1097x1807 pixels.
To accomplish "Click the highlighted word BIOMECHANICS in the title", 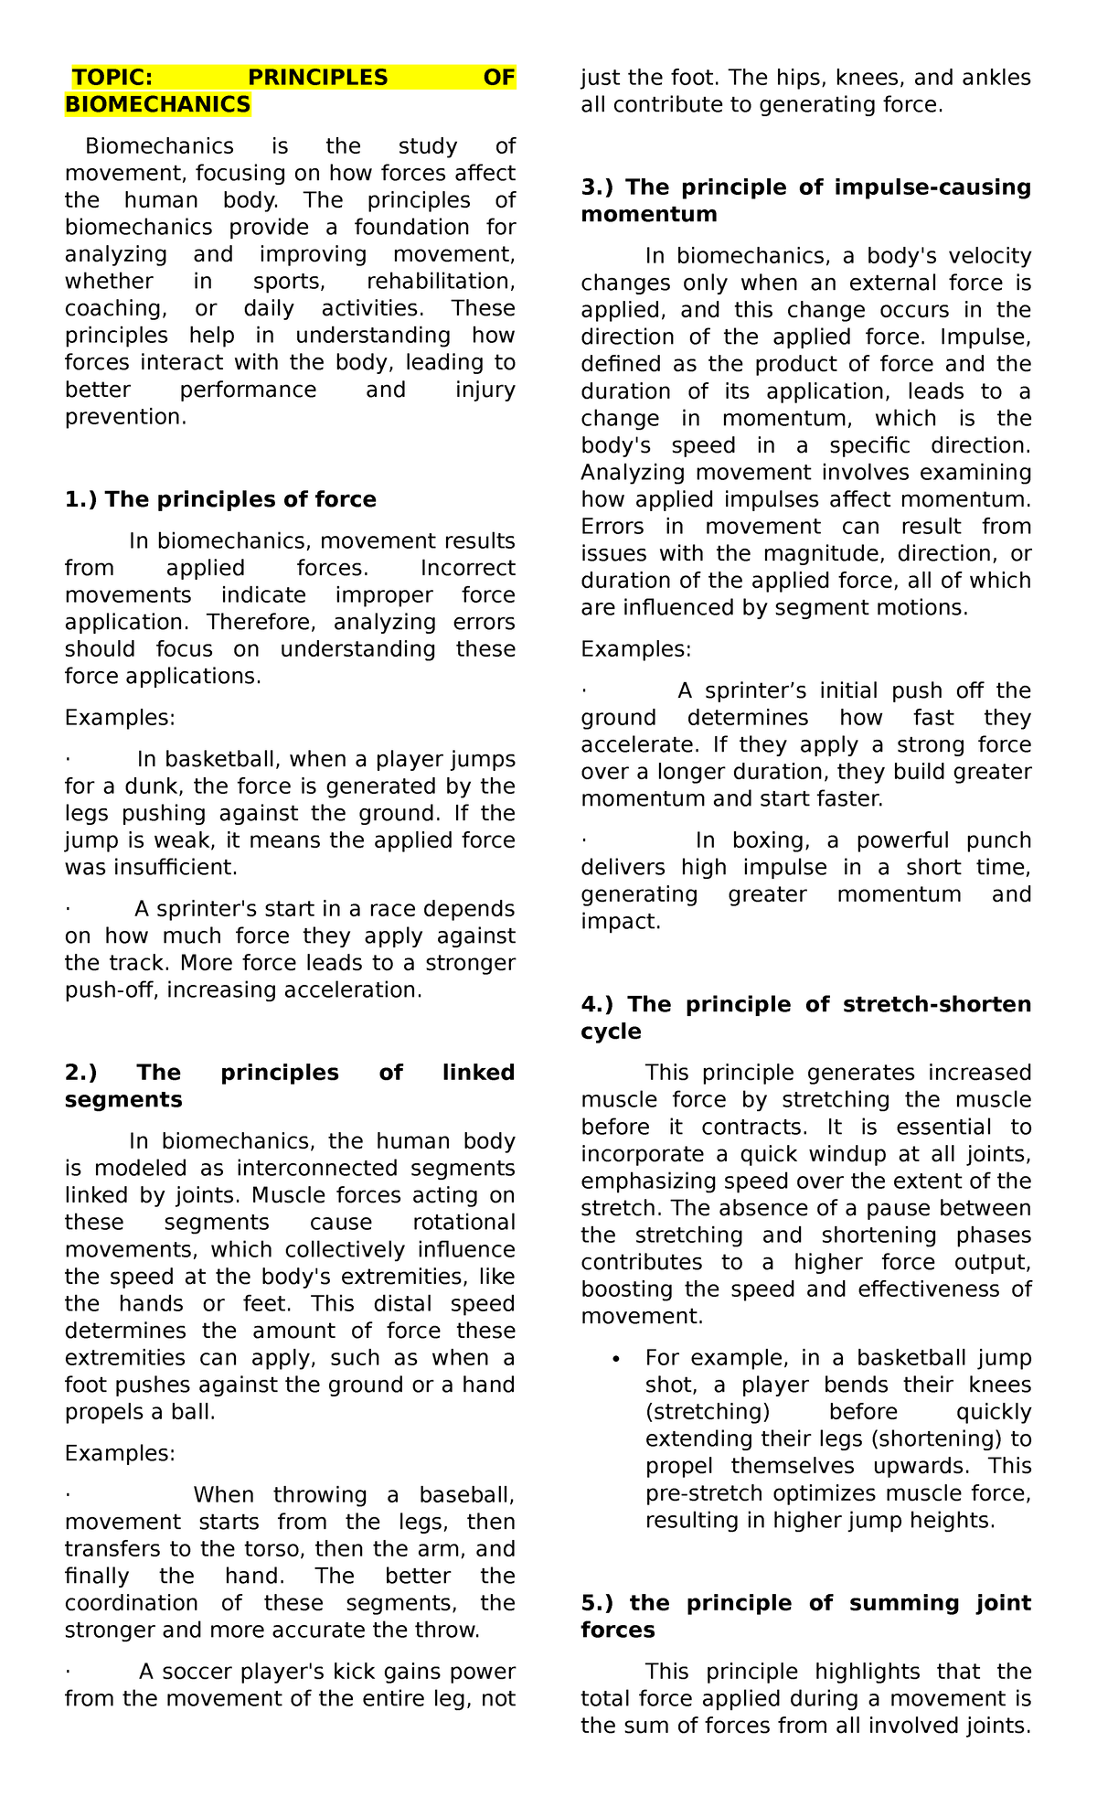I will (x=157, y=105).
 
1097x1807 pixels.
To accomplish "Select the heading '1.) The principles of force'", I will (x=220, y=499).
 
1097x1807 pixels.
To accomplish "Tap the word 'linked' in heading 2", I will (x=478, y=1072).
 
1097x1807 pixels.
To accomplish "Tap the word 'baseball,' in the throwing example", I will (x=467, y=1495).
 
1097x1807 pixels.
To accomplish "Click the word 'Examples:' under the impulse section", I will (x=635, y=649).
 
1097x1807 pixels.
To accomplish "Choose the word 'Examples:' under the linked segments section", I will (x=120, y=1454).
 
